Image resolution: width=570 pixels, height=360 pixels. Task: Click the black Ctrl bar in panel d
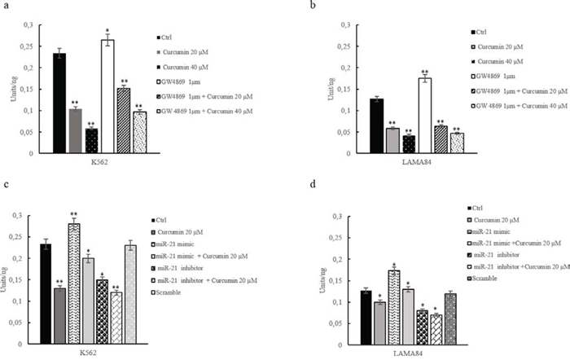click(x=343, y=309)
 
